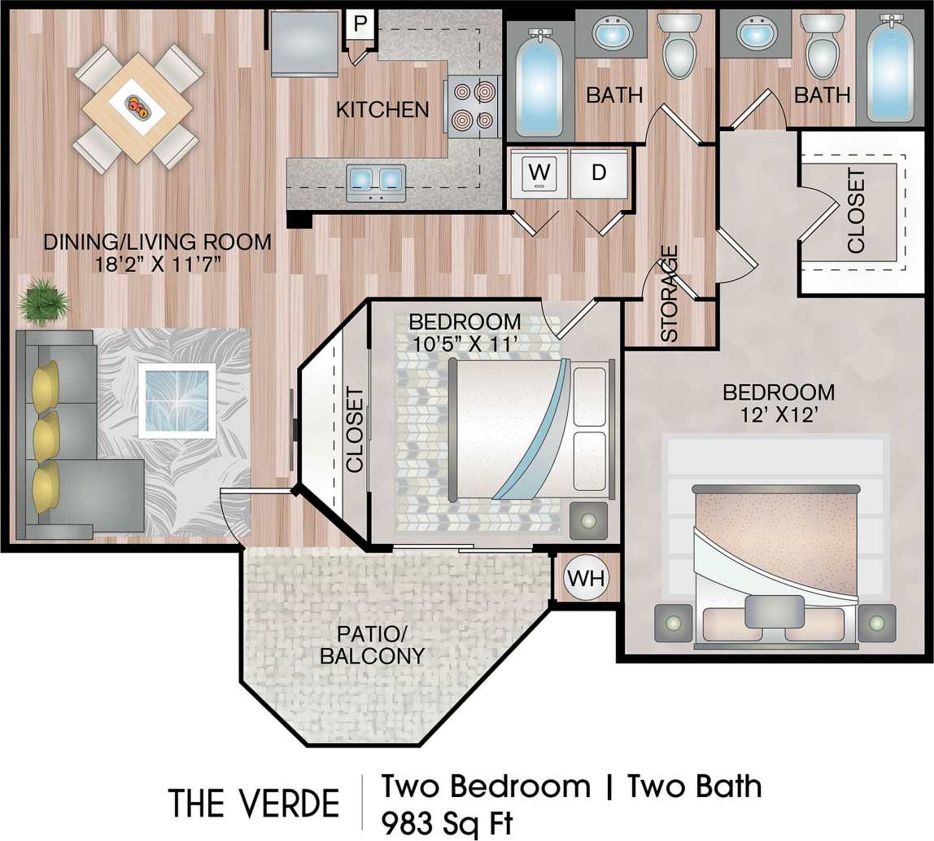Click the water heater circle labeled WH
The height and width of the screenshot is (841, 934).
[587, 578]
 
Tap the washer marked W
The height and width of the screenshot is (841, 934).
[538, 173]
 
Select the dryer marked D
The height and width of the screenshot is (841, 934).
[599, 173]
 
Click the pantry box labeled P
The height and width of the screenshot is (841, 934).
[359, 24]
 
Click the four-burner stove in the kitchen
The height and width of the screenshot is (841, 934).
[473, 106]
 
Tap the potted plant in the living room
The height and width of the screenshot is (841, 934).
[43, 301]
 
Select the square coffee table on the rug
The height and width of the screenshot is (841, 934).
[177, 401]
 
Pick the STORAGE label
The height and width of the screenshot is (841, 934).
[670, 293]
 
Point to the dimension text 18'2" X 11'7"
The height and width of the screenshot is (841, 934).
[158, 264]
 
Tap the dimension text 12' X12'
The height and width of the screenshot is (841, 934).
[779, 414]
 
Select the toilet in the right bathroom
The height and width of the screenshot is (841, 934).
[823, 46]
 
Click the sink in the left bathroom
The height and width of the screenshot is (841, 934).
[610, 34]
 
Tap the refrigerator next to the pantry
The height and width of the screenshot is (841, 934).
[304, 42]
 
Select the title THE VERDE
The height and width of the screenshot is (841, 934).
[254, 804]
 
